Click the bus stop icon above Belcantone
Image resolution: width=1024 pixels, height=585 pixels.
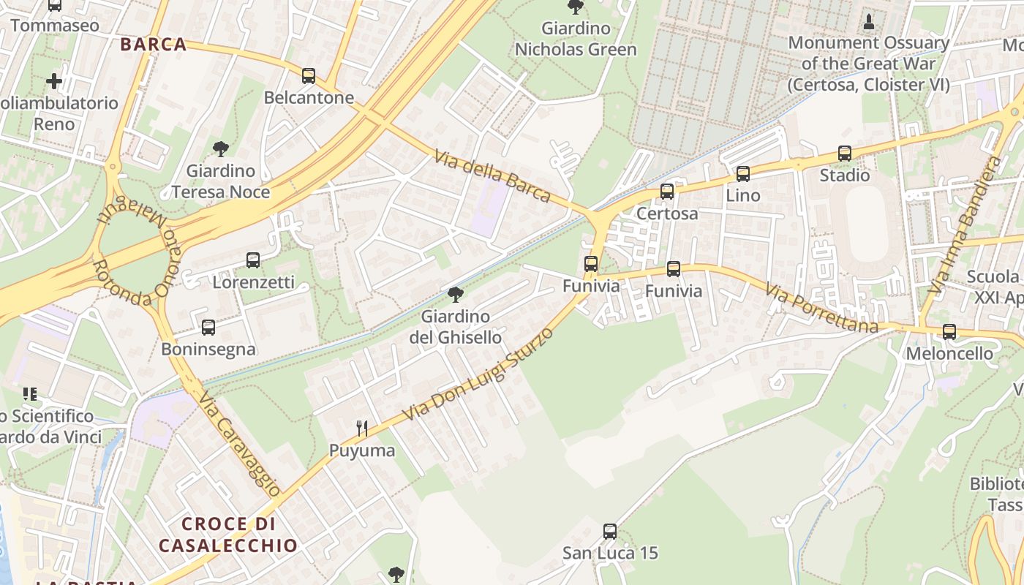(x=309, y=75)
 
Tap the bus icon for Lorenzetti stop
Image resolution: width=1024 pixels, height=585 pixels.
(x=253, y=260)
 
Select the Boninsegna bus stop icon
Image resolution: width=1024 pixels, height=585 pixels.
(x=208, y=327)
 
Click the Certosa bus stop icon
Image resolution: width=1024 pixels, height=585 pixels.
(x=667, y=192)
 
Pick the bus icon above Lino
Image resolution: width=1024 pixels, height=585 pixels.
(x=743, y=173)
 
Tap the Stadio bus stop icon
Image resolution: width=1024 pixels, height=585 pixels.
(x=845, y=154)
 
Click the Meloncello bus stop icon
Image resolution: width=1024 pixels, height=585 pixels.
(x=949, y=331)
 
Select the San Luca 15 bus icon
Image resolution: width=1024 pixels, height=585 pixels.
(x=610, y=532)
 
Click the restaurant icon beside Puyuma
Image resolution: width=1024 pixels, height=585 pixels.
(x=361, y=429)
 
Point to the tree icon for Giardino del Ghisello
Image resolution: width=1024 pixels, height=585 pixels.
(x=455, y=295)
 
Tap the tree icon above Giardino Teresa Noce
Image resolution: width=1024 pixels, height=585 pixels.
(x=220, y=149)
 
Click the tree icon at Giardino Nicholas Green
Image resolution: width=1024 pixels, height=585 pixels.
(x=576, y=7)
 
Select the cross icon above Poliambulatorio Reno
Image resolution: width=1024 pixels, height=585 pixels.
(x=54, y=80)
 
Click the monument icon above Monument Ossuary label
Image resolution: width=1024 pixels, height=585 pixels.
(x=869, y=21)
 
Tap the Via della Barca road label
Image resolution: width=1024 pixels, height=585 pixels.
(x=492, y=176)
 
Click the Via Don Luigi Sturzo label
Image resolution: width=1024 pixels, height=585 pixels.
(x=478, y=374)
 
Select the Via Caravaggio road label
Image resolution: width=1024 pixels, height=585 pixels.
(x=239, y=444)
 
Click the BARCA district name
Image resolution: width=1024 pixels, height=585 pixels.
(x=154, y=45)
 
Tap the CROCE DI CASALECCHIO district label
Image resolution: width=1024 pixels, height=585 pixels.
(x=228, y=535)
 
